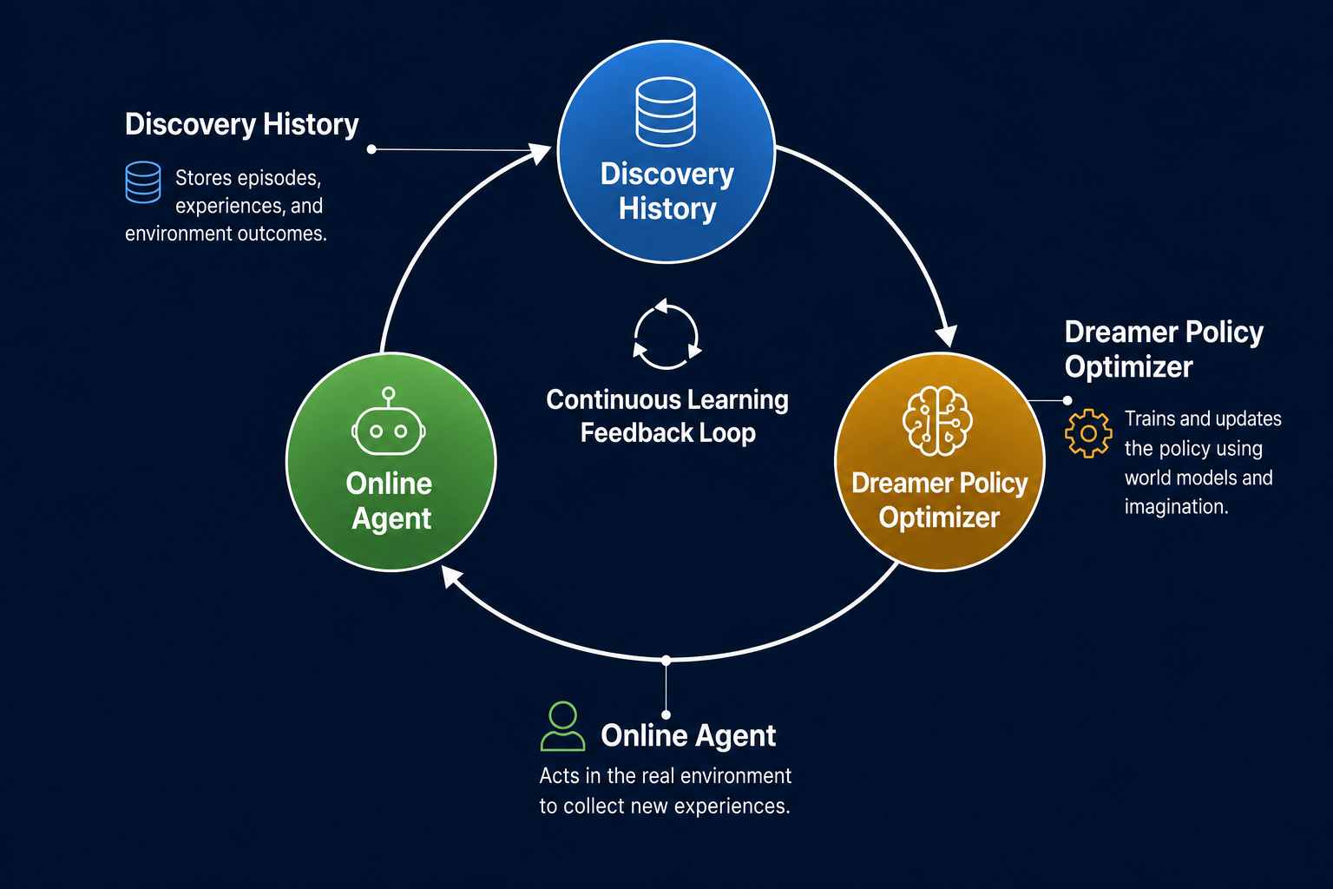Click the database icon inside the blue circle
point(666,111)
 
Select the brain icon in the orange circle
point(937,421)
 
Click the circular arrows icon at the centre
point(666,334)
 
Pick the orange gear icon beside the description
point(1088,433)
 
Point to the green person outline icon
point(562,726)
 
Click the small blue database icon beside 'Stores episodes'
point(143,182)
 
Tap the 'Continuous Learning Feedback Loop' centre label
point(667,416)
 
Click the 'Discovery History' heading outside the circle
point(241,124)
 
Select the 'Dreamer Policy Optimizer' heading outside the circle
point(1164,349)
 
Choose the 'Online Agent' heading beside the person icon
point(688,735)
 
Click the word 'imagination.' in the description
point(1176,507)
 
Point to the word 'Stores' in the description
point(204,177)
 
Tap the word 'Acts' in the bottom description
point(559,776)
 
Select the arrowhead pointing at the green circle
point(451,576)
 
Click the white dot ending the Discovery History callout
point(371,149)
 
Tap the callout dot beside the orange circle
point(1067,401)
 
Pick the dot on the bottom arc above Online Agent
point(666,661)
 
